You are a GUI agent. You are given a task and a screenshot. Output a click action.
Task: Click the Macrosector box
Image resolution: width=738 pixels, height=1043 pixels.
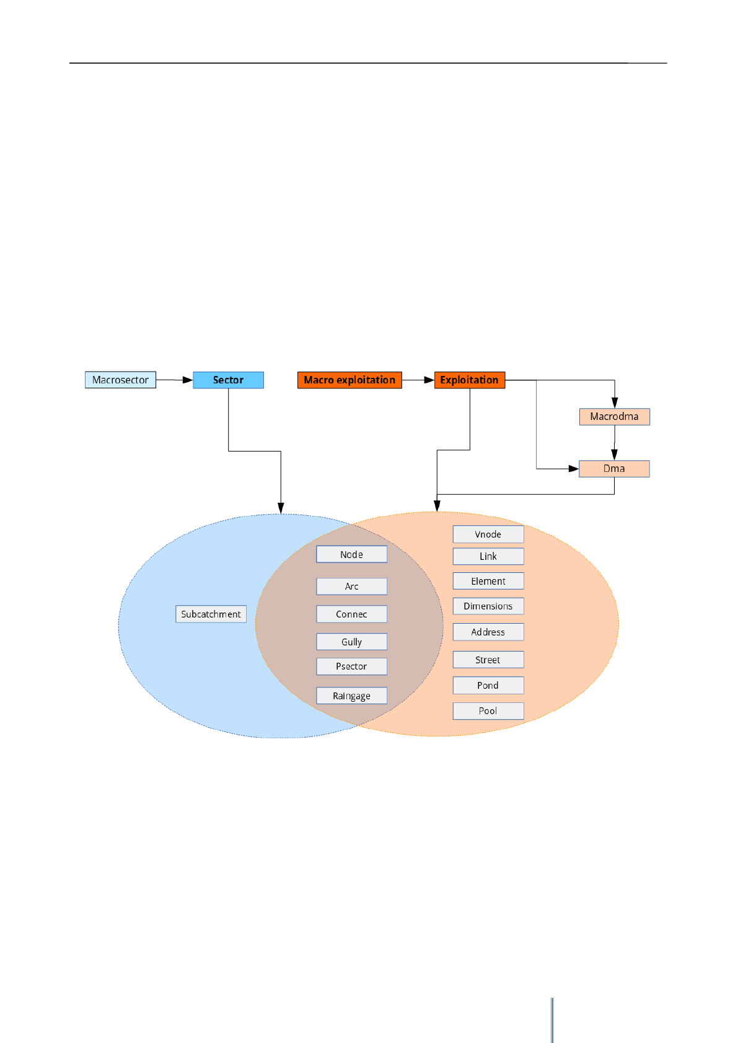tap(120, 380)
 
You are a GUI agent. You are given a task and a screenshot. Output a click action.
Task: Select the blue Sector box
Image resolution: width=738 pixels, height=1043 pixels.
tap(228, 380)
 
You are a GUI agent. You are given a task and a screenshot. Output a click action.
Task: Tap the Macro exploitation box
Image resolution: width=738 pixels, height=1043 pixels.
tap(349, 380)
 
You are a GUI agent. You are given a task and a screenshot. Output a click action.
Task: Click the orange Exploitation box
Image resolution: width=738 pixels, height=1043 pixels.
tap(469, 380)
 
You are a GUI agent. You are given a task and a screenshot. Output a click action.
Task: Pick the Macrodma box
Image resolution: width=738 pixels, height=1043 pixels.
tap(614, 416)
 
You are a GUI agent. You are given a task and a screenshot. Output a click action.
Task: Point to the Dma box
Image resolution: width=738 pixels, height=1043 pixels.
tap(614, 468)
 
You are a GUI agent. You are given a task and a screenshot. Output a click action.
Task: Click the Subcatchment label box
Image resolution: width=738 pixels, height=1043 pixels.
tap(211, 614)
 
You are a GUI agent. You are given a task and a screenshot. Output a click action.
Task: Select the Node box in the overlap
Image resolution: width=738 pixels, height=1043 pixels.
tap(351, 554)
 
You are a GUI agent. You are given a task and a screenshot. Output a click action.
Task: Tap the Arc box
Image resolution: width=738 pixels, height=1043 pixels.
tap(351, 586)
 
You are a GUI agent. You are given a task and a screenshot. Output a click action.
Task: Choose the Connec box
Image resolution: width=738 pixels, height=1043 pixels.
tap(351, 614)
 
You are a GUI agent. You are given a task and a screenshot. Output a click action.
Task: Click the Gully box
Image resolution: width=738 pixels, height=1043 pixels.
tap(351, 642)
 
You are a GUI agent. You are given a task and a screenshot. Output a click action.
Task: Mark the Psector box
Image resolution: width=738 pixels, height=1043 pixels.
tap(351, 666)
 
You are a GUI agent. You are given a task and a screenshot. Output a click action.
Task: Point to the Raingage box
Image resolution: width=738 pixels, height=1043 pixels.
tap(351, 696)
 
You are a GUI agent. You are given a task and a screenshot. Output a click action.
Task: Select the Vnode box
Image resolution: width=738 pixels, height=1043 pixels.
tap(488, 534)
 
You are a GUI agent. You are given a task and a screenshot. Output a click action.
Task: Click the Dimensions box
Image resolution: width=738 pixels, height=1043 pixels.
tap(488, 606)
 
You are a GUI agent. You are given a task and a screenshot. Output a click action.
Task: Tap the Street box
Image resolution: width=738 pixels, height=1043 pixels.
tap(488, 660)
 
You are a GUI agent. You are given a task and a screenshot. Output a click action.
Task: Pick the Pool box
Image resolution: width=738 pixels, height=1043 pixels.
tap(488, 710)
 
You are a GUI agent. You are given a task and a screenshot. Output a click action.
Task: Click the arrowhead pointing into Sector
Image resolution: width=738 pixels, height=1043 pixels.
tap(188, 380)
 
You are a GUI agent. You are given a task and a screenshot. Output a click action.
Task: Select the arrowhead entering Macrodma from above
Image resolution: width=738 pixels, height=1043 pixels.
tap(615, 403)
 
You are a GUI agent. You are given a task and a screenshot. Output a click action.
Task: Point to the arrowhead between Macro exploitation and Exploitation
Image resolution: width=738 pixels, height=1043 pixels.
tap(429, 380)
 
